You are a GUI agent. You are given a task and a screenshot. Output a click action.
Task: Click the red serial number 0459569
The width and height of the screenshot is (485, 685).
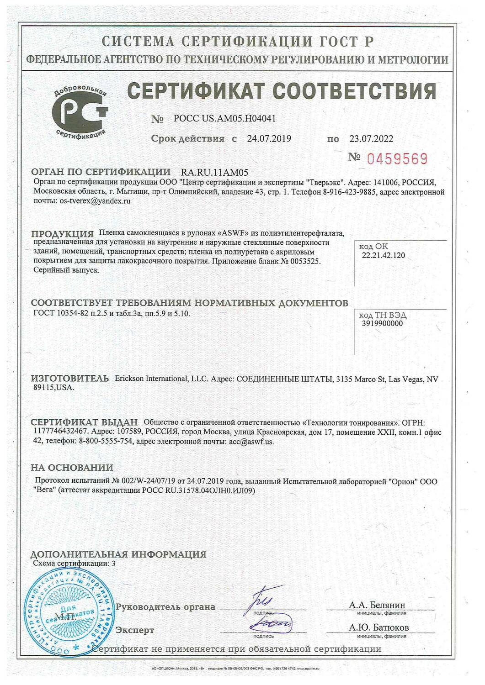397,158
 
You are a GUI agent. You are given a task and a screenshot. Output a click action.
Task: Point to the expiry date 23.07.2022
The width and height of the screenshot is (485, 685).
371,139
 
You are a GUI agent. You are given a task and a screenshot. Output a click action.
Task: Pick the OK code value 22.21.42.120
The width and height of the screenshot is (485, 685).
383,255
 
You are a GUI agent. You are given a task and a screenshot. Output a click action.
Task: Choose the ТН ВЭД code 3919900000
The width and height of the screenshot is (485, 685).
383,323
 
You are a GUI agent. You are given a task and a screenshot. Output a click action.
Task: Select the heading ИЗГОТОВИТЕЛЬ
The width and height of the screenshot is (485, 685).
70,379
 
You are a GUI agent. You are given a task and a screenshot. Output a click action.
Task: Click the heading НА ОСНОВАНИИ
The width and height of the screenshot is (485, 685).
72,468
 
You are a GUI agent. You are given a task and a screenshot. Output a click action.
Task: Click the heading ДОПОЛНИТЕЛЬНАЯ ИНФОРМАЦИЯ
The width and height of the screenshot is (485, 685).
118,554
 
